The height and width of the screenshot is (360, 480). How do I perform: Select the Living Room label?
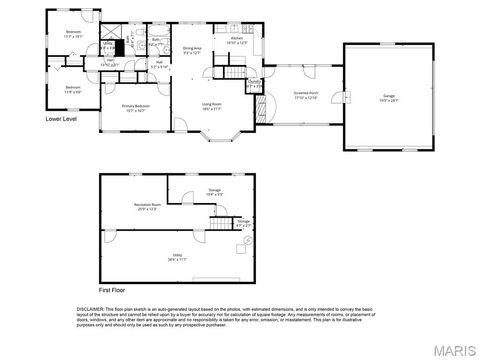tap(212, 105)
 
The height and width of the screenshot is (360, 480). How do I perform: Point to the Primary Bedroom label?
tap(137, 107)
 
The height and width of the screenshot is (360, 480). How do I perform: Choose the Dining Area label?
tap(192, 49)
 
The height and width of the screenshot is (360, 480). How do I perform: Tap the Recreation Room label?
tap(147, 206)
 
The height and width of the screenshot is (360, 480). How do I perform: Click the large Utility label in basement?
tap(176, 257)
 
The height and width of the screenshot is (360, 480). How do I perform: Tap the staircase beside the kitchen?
tap(232, 72)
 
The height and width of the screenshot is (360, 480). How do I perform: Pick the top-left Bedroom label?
tap(73, 34)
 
